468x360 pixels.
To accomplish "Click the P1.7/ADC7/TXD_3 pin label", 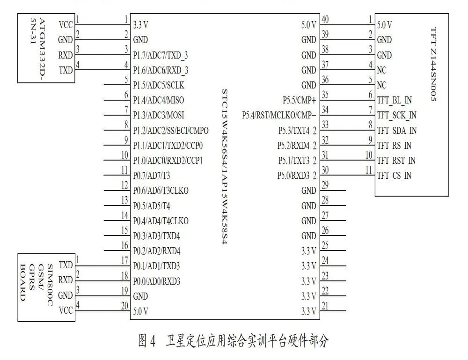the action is (x=160, y=55).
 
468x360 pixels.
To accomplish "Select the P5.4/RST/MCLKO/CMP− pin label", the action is (x=279, y=115).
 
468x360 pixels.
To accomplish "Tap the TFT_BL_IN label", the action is (x=394, y=100).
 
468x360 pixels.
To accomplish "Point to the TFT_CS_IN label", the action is (x=394, y=176).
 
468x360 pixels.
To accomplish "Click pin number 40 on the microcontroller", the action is (x=325, y=19).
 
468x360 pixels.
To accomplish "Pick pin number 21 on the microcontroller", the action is (x=325, y=306).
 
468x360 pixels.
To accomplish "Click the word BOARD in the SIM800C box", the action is (x=22, y=282).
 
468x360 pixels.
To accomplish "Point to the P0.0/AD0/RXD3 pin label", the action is (x=156, y=281).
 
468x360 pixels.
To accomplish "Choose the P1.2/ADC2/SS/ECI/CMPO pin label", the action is (x=171, y=131).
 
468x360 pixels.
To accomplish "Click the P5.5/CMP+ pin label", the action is (x=300, y=100).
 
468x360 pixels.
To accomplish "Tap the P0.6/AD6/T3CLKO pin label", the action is (x=161, y=191).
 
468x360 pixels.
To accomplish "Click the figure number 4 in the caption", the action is (x=153, y=341).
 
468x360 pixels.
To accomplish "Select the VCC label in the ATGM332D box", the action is (x=66, y=25).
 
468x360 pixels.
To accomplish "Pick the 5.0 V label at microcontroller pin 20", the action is (x=140, y=311).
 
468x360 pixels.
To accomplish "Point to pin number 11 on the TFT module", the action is (x=369, y=170).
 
